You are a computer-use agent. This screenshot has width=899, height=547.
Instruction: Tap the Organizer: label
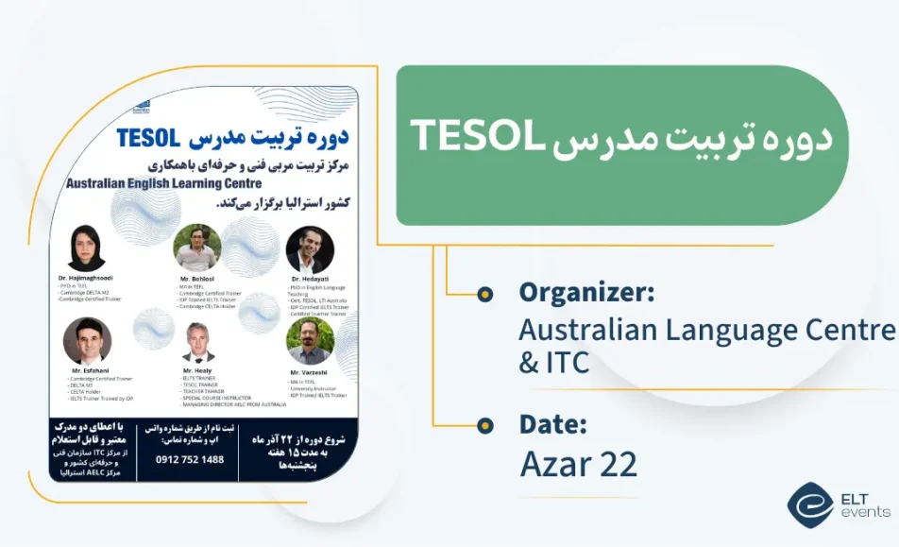[x=586, y=293]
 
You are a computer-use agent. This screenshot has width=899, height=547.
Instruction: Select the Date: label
[x=553, y=425]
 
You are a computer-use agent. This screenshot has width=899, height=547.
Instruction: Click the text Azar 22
[x=578, y=464]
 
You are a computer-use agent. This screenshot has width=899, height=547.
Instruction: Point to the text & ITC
[x=554, y=361]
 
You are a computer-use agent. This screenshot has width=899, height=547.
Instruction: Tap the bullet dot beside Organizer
[x=485, y=294]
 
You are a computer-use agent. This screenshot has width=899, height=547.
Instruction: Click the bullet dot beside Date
[x=485, y=426]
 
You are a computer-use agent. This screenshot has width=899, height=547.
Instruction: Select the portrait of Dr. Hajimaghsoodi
[x=87, y=248]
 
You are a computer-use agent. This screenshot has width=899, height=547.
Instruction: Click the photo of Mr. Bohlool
[x=196, y=248]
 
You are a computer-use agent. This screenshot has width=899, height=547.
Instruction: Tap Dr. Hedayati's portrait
[x=310, y=250]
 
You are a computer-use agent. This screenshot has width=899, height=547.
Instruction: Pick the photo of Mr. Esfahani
[x=87, y=341]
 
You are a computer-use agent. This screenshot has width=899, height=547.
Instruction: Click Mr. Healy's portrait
[x=198, y=343]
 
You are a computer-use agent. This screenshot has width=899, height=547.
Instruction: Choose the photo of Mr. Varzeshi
[x=311, y=341]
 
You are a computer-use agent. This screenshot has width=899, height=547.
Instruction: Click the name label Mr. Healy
[x=197, y=373]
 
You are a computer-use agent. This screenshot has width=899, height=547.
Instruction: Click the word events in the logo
[x=865, y=512]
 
